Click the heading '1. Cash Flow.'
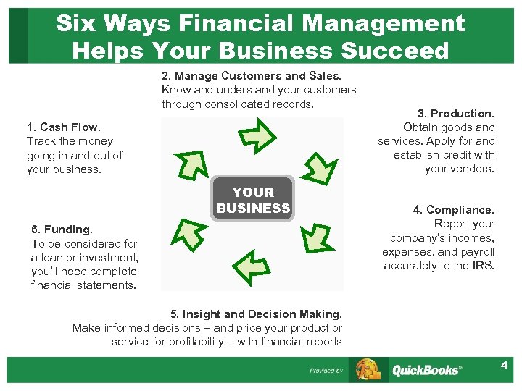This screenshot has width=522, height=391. click(x=64, y=127)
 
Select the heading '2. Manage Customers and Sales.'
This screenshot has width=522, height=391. click(x=251, y=75)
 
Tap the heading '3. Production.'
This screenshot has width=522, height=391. click(x=455, y=113)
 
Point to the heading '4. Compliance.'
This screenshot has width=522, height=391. click(x=453, y=209)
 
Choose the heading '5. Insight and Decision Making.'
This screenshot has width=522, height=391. click(x=256, y=314)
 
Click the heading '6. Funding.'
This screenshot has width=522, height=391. click(x=62, y=230)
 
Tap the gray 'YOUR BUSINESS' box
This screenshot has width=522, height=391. click(x=253, y=200)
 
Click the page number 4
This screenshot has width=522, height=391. click(x=503, y=365)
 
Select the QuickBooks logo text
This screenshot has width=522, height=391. click(x=426, y=370)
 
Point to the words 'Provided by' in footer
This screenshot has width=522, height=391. click(x=326, y=371)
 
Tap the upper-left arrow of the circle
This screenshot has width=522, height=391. click(x=193, y=164)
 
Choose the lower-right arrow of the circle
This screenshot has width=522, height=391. click(x=312, y=236)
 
